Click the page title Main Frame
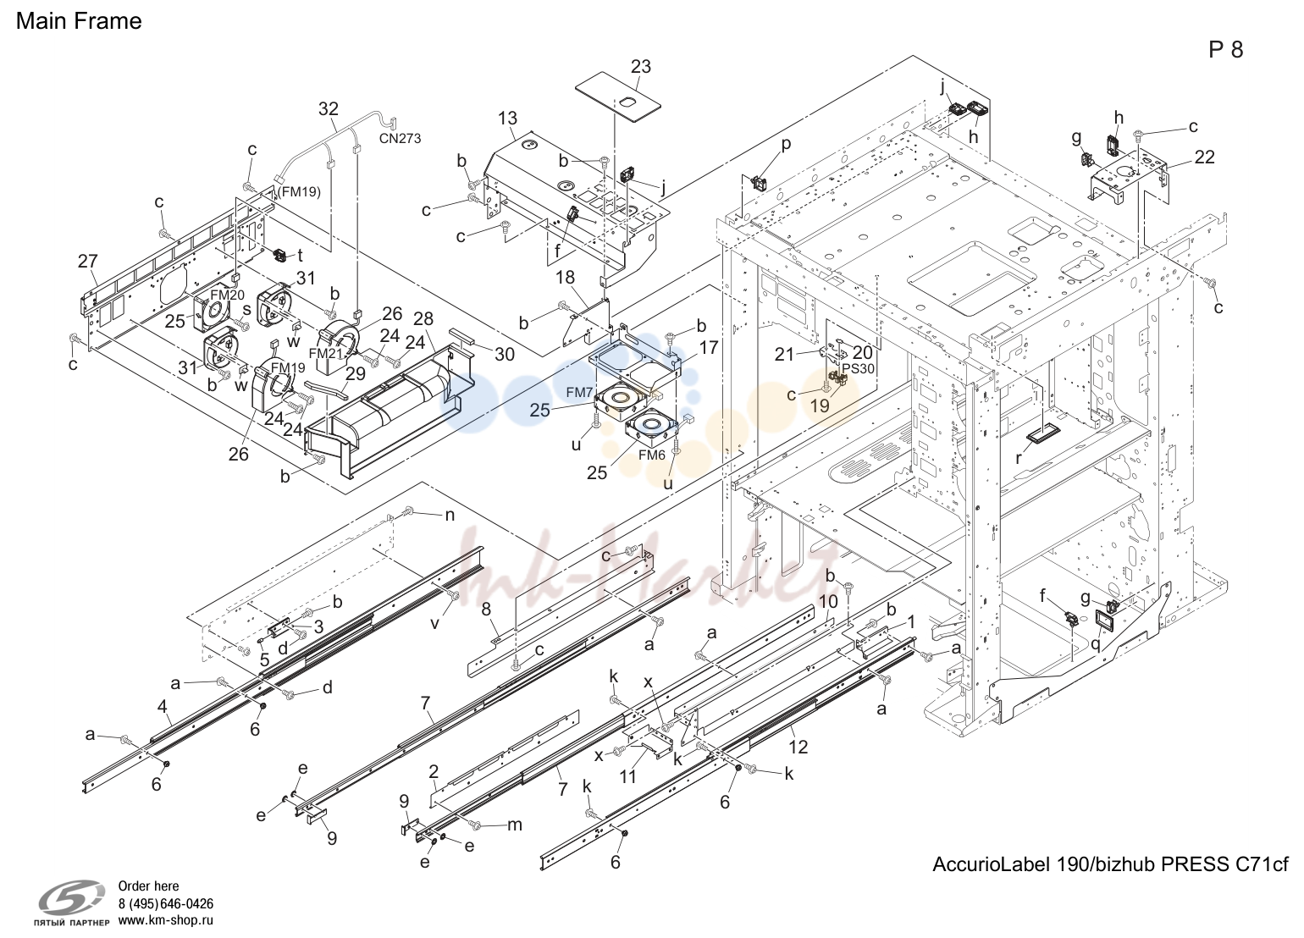pyautogui.click(x=79, y=21)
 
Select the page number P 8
pyautogui.click(x=1225, y=50)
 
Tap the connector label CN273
pyautogui.click(x=400, y=139)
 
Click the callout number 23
pyautogui.click(x=640, y=66)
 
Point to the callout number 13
pyautogui.click(x=508, y=119)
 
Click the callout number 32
pyautogui.click(x=329, y=108)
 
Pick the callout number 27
pyautogui.click(x=88, y=262)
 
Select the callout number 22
pyautogui.click(x=1204, y=157)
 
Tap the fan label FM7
pyautogui.click(x=579, y=393)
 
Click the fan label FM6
pyautogui.click(x=651, y=455)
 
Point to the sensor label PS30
pyautogui.click(x=858, y=369)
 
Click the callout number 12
pyautogui.click(x=798, y=747)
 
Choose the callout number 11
pyautogui.click(x=628, y=777)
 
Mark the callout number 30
pyautogui.click(x=504, y=354)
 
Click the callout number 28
pyautogui.click(x=423, y=318)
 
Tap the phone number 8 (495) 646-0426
pyautogui.click(x=166, y=903)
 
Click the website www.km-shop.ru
pyautogui.click(x=166, y=920)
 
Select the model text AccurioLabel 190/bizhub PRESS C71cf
pyautogui.click(x=1111, y=864)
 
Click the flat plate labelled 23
pyautogui.click(x=618, y=97)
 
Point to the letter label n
pyautogui.click(x=450, y=516)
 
